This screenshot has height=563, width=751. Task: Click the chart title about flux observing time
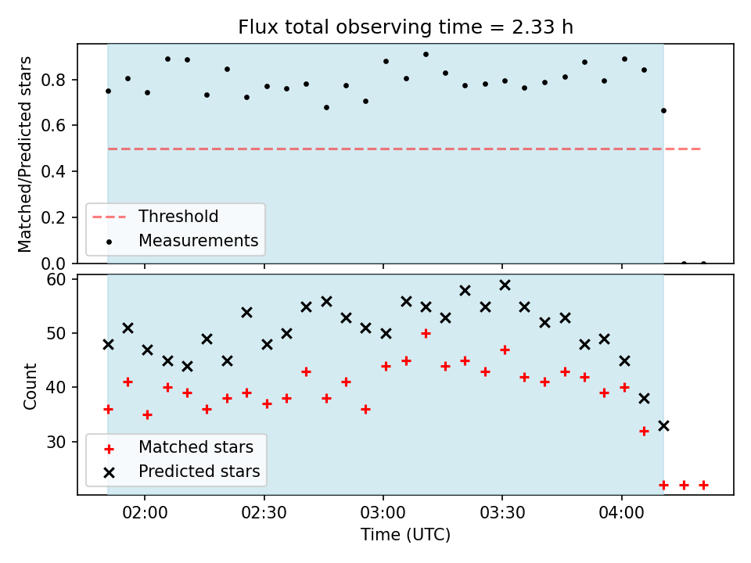[x=405, y=27]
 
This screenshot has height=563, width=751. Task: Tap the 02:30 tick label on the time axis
[x=264, y=513]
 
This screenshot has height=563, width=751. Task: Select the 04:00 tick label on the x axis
[x=622, y=513]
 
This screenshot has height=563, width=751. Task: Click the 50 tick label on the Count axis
[x=56, y=333]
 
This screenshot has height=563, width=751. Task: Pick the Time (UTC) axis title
[x=406, y=534]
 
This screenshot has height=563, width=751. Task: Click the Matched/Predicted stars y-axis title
[x=24, y=154]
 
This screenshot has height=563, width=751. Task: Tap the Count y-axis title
[x=30, y=385]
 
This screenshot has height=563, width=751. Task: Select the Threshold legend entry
[x=156, y=217]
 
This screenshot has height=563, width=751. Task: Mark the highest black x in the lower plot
[x=505, y=285]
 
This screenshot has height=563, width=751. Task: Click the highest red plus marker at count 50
[x=426, y=333]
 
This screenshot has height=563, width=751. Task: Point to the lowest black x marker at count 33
[x=664, y=425]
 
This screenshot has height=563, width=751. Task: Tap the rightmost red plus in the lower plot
[x=703, y=486]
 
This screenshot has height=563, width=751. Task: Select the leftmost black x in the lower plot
[x=108, y=344]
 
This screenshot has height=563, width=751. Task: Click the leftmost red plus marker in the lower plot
[x=108, y=409]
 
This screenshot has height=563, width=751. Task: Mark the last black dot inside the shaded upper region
[x=664, y=110]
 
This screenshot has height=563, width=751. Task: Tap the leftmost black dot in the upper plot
[x=108, y=91]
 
